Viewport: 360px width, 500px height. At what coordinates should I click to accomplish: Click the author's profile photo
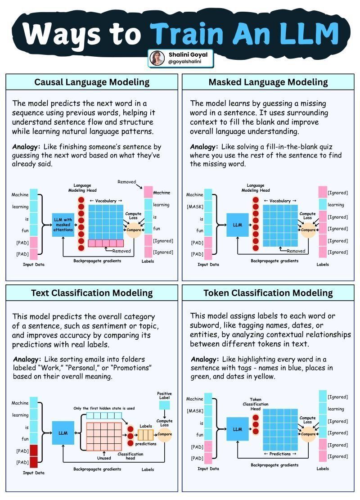157,58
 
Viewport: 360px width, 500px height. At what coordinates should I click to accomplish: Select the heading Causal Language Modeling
92,82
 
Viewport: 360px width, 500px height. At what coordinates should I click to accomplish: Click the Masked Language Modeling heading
268,82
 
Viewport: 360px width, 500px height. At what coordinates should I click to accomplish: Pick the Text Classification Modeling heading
92,293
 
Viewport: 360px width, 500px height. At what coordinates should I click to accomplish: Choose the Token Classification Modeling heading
268,293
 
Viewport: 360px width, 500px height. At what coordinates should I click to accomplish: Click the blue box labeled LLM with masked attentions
63,225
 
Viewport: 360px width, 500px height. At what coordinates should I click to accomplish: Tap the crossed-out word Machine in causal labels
162,193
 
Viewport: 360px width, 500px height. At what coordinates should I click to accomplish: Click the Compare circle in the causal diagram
134,230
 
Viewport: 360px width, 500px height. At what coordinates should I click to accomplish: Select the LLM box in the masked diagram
237,225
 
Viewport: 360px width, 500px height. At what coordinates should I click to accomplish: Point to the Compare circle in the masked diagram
308,230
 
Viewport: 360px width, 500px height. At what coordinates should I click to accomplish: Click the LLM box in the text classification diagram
63,433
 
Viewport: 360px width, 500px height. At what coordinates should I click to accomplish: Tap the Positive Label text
164,396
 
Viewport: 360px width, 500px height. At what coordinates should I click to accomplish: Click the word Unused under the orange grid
104,458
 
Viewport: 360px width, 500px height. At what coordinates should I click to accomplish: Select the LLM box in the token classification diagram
237,429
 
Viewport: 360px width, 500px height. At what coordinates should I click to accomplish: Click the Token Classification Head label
256,404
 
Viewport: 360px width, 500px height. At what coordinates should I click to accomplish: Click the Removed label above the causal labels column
126,182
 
